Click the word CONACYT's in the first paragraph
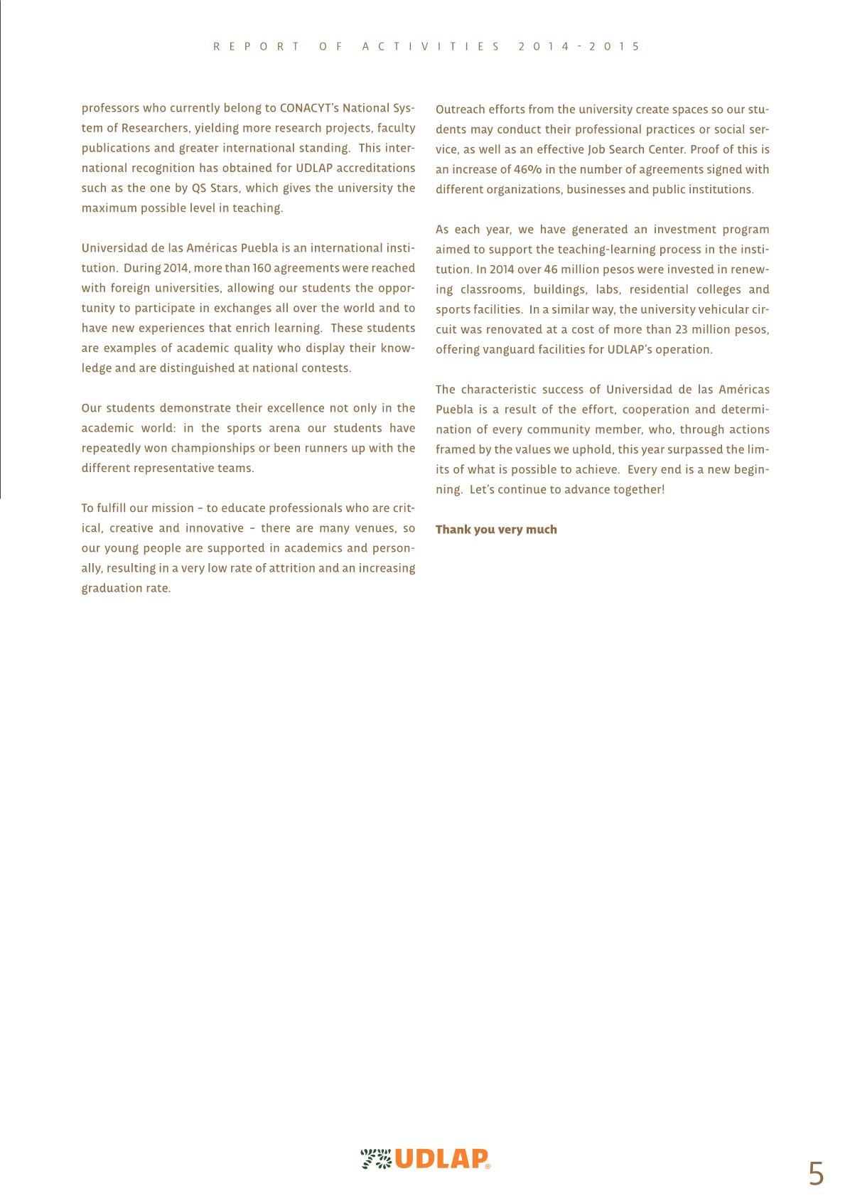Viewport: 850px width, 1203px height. (x=309, y=108)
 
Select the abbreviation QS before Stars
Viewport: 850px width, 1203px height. (x=199, y=188)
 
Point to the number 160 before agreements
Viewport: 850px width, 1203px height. (x=262, y=268)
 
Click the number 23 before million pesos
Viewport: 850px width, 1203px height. (x=682, y=330)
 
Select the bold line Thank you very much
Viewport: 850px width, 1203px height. (x=496, y=530)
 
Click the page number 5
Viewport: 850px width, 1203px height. (x=816, y=1173)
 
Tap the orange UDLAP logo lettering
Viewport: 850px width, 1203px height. (x=441, y=1159)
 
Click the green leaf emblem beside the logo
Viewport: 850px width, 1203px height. (x=376, y=1159)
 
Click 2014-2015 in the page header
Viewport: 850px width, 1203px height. (x=579, y=47)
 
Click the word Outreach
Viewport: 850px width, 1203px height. (x=460, y=109)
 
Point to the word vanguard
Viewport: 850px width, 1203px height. (x=507, y=350)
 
